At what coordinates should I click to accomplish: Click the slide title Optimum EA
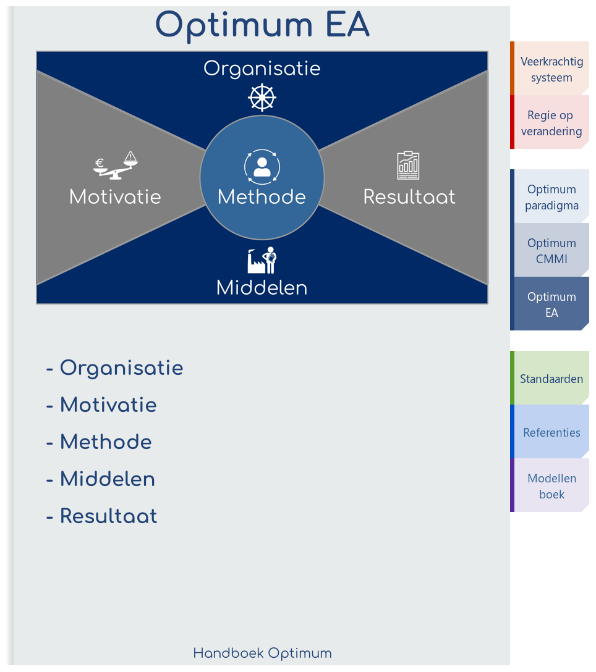point(262,25)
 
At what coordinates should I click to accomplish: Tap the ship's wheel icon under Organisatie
point(262,97)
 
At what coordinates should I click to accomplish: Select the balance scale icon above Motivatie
point(116,165)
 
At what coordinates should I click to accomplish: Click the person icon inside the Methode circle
point(262,166)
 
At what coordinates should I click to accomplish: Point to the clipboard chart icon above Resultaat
point(408,165)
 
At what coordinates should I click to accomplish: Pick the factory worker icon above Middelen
point(262,260)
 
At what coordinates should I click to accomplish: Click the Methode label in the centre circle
point(262,197)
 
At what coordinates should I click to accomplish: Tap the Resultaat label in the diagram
point(409,197)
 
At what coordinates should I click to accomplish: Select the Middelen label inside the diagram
point(262,288)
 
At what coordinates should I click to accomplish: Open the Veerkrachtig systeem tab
point(551,69)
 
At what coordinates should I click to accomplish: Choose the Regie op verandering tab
point(551,122)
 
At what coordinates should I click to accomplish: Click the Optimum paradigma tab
point(551,197)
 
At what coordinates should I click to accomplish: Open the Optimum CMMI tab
point(551,251)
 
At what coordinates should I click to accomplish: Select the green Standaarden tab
point(551,379)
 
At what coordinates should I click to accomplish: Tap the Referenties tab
point(551,432)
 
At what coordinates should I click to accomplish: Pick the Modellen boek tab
point(551,486)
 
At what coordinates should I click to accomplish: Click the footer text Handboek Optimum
point(262,653)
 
